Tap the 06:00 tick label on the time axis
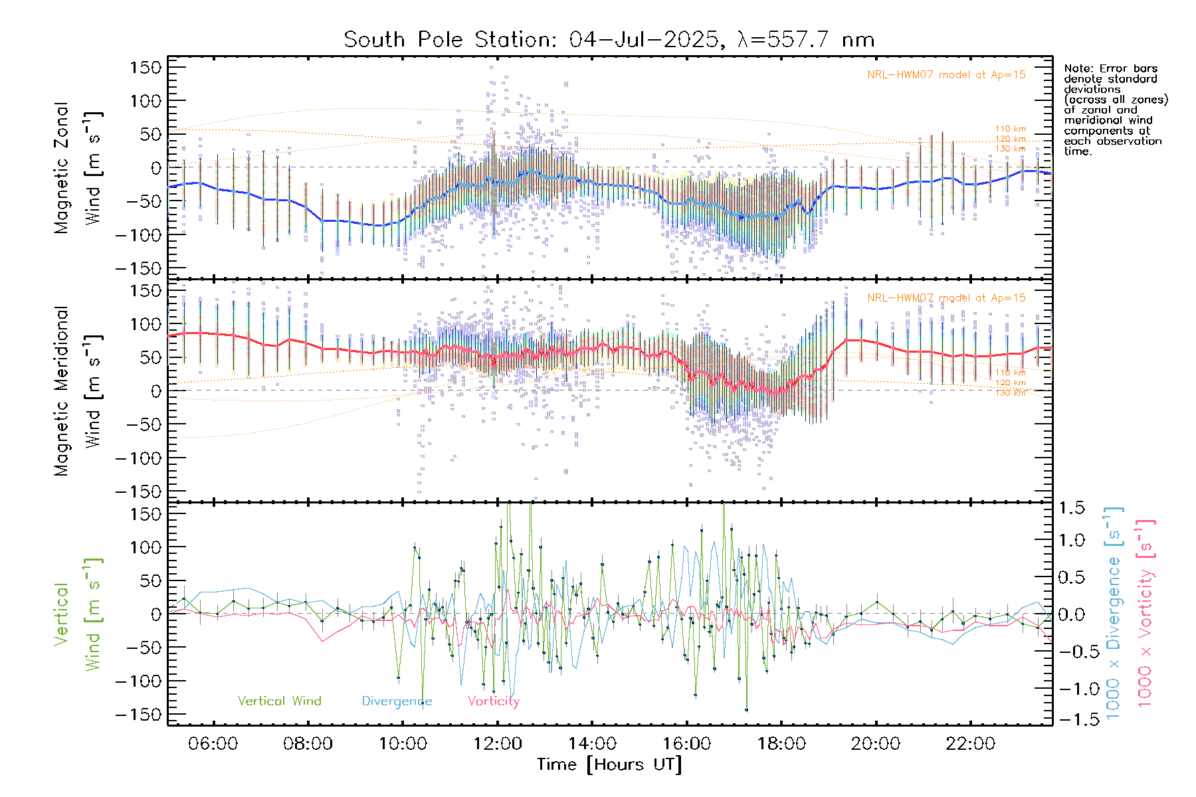click(213, 744)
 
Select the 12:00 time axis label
click(497, 744)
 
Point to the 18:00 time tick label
click(781, 744)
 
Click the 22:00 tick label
click(971, 744)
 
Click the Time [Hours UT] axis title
click(609, 764)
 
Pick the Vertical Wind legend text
click(279, 701)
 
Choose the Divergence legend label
click(397, 701)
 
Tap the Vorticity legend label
click(493, 701)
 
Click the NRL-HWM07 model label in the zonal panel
click(946, 75)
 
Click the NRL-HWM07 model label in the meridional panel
click(946, 298)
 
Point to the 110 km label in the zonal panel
click(1010, 129)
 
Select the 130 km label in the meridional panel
click(1010, 393)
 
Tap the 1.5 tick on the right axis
click(1072, 508)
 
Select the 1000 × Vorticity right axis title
click(1145, 613)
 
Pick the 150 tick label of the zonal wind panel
click(146, 67)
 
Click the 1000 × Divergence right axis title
click(1113, 613)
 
